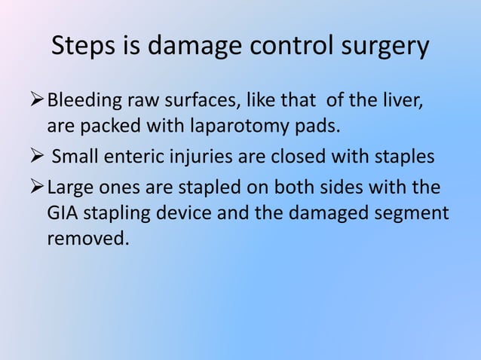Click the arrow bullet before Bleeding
pos(39,100)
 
